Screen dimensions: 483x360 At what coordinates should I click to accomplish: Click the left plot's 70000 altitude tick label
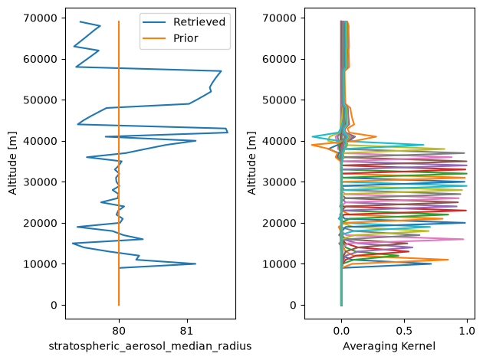tap(40, 18)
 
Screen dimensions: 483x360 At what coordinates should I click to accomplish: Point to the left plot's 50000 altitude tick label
tap(40, 100)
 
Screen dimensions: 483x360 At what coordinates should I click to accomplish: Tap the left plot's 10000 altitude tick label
tap(40, 264)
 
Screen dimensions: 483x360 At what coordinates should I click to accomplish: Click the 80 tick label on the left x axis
tap(119, 331)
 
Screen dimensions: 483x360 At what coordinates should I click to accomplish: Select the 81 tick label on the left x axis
tap(187, 331)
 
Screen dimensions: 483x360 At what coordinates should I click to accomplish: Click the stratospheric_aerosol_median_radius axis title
tap(150, 346)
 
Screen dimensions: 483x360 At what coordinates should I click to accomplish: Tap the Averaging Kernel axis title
tap(389, 346)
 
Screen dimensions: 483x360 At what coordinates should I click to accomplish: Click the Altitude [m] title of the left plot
tap(12, 163)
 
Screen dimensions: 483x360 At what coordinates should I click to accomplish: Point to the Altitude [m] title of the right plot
tap(251, 163)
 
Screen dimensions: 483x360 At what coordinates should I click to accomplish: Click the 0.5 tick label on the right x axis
tap(404, 331)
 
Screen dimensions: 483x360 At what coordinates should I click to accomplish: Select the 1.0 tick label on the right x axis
tap(467, 331)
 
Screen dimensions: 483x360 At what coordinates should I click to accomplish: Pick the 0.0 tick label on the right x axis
tap(341, 331)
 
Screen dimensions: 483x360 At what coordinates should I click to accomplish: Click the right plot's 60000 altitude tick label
tap(279, 59)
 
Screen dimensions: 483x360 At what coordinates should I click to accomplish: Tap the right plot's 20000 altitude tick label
tap(279, 223)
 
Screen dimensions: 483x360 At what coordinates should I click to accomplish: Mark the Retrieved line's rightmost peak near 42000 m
tap(228, 133)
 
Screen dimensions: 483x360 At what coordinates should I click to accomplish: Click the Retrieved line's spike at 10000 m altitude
tap(195, 263)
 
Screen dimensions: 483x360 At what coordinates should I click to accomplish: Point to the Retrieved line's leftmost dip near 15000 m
tap(72, 244)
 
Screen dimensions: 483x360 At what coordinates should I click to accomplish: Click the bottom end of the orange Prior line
tap(119, 305)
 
